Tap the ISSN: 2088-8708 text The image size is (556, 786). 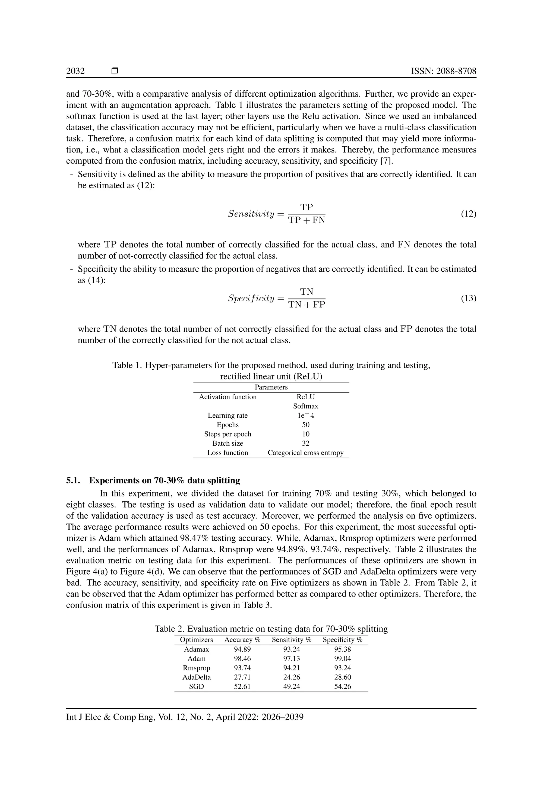pyautogui.click(x=443, y=71)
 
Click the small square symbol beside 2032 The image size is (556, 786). pyautogui.click(x=115, y=71)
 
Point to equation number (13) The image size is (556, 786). pyautogui.click(x=468, y=298)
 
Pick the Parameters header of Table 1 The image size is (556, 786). pyautogui.click(x=271, y=387)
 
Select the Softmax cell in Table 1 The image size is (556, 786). pyautogui.click(x=305, y=406)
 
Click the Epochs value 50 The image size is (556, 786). pyautogui.click(x=305, y=425)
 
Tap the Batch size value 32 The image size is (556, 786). pyautogui.click(x=305, y=443)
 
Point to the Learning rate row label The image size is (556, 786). pyautogui.click(x=228, y=416)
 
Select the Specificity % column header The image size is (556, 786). pyautogui.click(x=342, y=639)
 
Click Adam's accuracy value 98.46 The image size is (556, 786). pyautogui.click(x=242, y=658)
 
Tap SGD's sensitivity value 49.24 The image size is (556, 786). pyautogui.click(x=291, y=686)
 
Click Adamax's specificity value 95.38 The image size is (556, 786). pyautogui.click(x=342, y=649)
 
